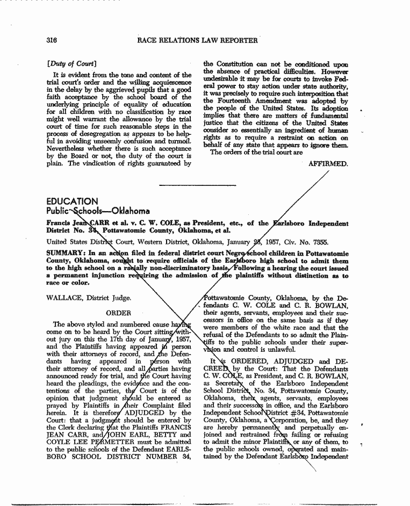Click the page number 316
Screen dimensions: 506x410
point(52,40)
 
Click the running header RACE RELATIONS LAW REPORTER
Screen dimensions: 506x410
point(197,40)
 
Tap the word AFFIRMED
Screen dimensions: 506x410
point(328,163)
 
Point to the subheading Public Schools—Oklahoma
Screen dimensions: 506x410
point(98,211)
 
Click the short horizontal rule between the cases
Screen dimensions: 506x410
point(198,185)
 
